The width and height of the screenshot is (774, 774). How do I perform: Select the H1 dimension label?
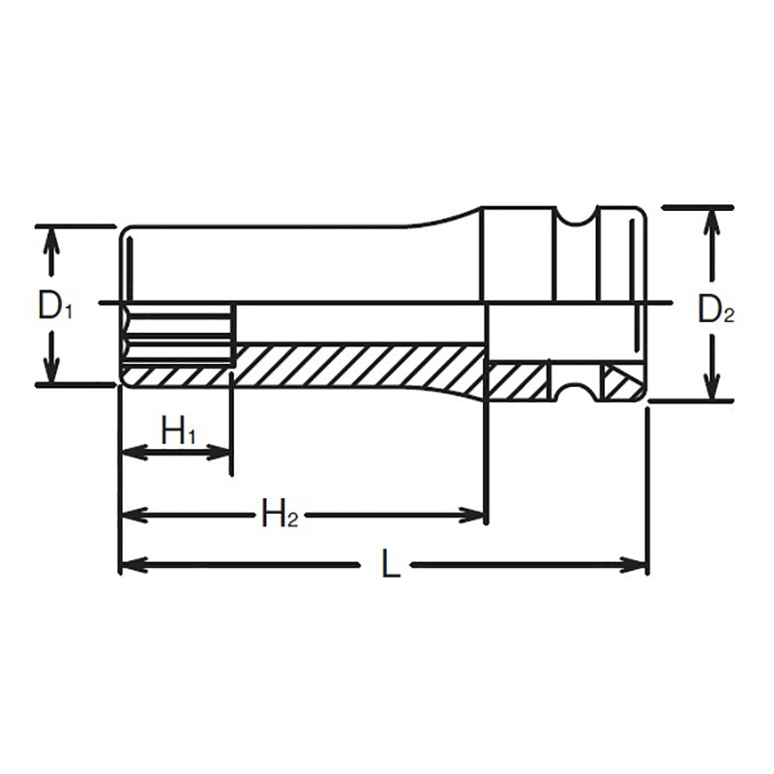pos(178,431)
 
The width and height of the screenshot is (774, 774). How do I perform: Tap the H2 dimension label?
pos(280,515)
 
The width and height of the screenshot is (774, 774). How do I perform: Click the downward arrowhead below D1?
pos(53,372)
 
